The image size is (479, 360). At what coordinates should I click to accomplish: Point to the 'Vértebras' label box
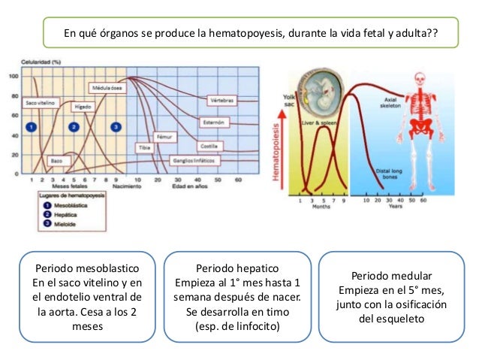(x=221, y=99)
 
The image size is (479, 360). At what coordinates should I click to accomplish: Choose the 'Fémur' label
(x=164, y=138)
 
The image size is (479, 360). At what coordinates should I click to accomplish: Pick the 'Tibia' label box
(x=145, y=147)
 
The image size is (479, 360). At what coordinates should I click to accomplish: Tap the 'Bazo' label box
(x=56, y=161)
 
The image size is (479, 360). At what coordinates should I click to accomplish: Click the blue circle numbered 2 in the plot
(x=74, y=126)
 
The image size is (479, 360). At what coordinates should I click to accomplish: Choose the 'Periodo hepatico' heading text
(x=237, y=268)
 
